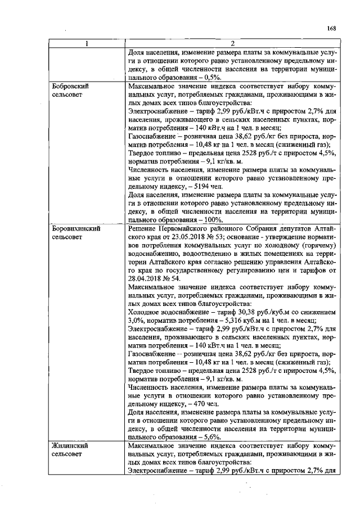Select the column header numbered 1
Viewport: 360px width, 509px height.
pyautogui.click(x=86, y=44)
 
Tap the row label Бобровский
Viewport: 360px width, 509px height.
pyautogui.click(x=70, y=87)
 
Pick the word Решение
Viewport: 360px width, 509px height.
pyautogui.click(x=145, y=230)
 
